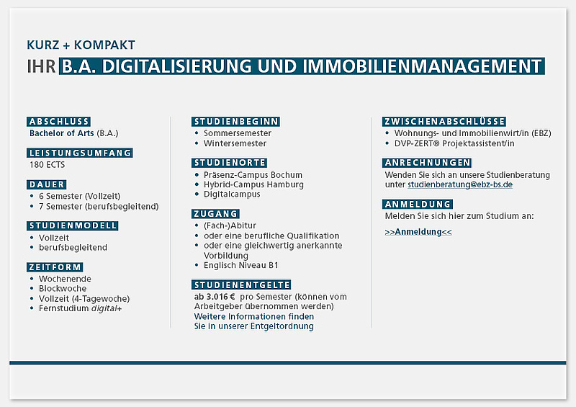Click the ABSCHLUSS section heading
click(x=59, y=122)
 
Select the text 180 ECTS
click(x=47, y=165)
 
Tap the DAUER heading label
click(x=47, y=184)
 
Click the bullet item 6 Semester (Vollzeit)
click(x=80, y=197)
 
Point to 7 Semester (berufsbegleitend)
click(x=99, y=207)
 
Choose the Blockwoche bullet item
click(x=63, y=289)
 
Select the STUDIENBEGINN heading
click(x=236, y=122)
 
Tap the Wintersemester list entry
click(x=235, y=143)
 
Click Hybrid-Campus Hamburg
click(x=254, y=184)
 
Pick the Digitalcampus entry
click(x=232, y=194)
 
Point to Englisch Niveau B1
click(x=241, y=266)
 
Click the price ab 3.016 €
click(x=215, y=297)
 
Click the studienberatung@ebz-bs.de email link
click(x=460, y=184)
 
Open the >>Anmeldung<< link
click(x=418, y=232)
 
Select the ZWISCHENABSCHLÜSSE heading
click(x=444, y=122)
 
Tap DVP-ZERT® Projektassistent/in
click(x=454, y=143)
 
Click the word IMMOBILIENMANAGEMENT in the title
click(x=423, y=66)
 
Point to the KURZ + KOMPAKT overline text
click(x=81, y=45)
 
